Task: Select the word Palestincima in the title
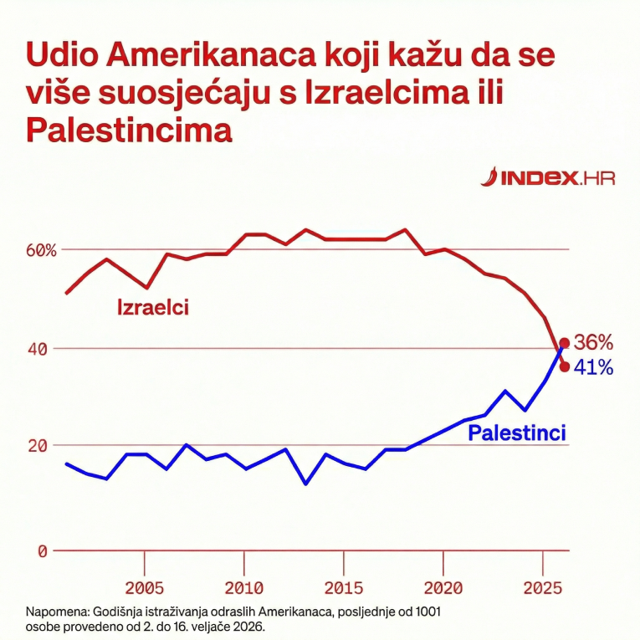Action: coord(128,130)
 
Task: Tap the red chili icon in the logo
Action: coord(490,177)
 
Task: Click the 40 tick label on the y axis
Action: coord(38,348)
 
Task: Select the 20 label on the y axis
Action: coord(38,446)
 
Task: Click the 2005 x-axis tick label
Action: coord(145,587)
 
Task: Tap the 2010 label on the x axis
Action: coord(244,587)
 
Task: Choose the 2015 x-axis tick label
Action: coord(343,587)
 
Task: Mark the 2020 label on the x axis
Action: coord(443,587)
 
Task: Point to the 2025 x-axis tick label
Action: coord(541,587)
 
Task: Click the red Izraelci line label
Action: coord(152,308)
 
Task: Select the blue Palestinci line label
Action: coord(516,433)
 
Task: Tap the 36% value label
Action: coord(594,342)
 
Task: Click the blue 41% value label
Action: coord(594,367)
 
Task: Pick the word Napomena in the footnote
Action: coord(55,612)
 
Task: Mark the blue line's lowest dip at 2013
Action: coord(305,484)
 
